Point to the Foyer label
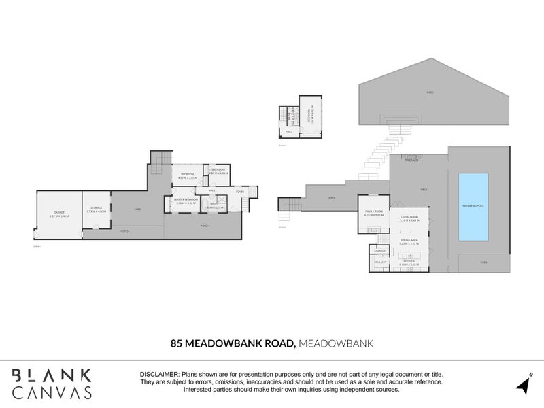[x=240, y=192]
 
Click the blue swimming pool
[x=473, y=207]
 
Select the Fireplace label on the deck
[x=411, y=161]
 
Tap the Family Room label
[x=373, y=212]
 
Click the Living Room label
[x=409, y=217]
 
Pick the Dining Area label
[x=409, y=240]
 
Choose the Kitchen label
[x=409, y=262]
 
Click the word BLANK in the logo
[x=51, y=375]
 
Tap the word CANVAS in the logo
[x=51, y=392]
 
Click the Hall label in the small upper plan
[x=288, y=133]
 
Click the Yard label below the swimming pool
[x=483, y=262]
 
